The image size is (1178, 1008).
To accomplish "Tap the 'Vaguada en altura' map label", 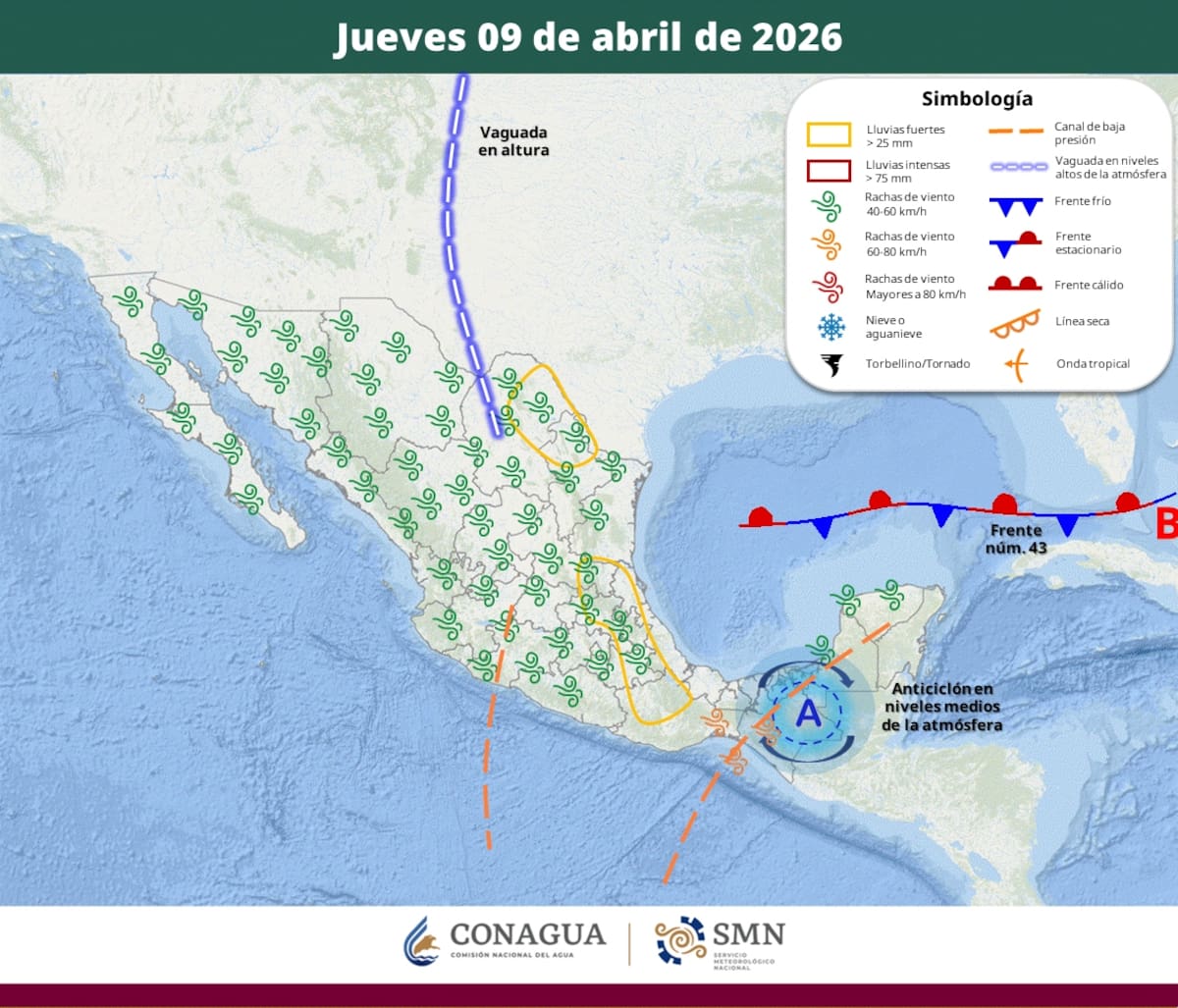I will (x=513, y=141).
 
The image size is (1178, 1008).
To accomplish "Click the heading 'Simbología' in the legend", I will (x=976, y=99).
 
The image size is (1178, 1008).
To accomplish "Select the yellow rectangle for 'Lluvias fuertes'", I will (x=829, y=134).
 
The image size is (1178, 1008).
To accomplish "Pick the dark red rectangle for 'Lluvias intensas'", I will (x=829, y=171).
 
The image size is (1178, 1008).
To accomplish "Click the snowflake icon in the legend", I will (x=830, y=326).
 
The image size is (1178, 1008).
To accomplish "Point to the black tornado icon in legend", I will (x=831, y=364).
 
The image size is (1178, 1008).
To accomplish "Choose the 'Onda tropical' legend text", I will (x=1093, y=364).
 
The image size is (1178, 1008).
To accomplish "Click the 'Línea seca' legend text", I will (x=1082, y=321).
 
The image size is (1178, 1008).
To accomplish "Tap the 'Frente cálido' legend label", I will (x=1089, y=285).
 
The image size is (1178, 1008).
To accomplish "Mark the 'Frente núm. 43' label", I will (x=1015, y=538).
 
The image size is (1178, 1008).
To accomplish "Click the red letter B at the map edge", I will (x=1166, y=524).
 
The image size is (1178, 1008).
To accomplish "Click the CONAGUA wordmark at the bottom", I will (x=527, y=935).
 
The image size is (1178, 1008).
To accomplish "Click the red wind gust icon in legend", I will (x=829, y=286).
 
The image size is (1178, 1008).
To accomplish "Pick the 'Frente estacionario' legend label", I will (x=1088, y=242).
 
